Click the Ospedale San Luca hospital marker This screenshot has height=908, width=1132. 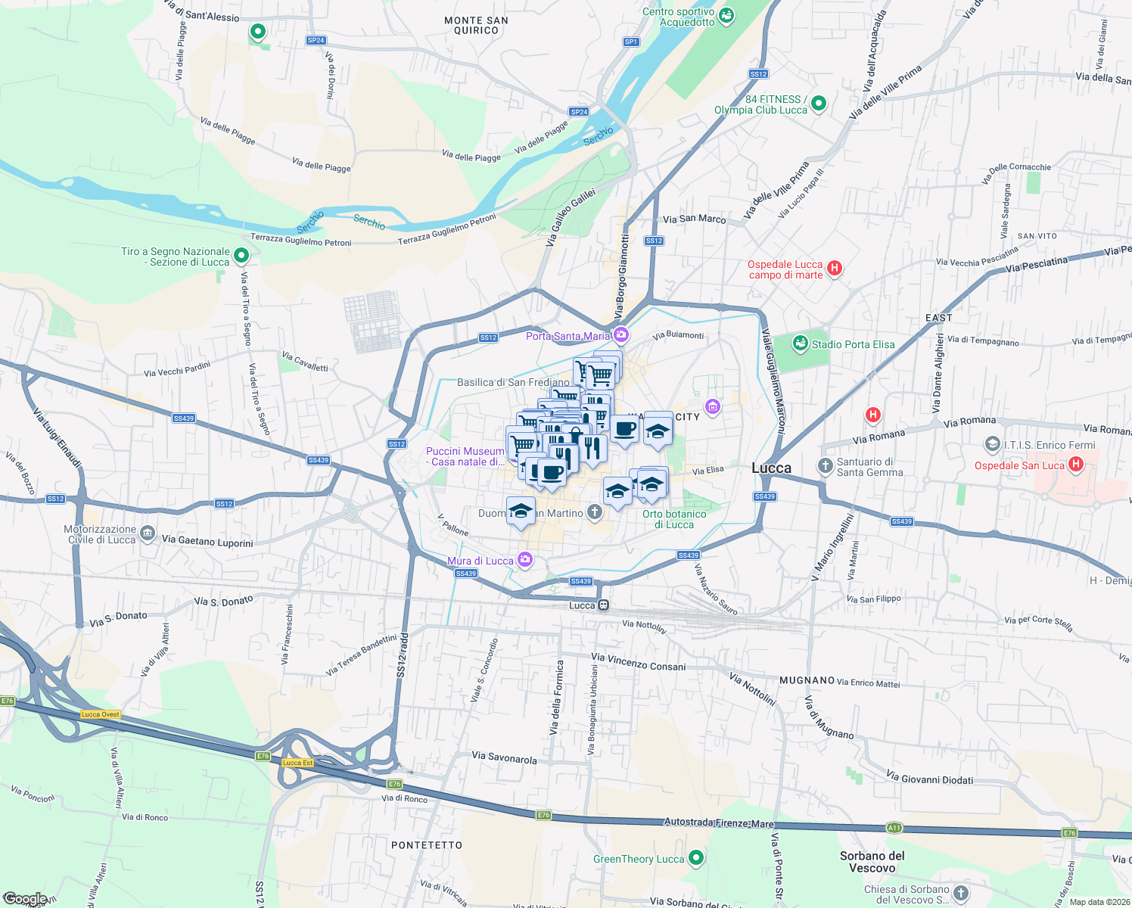[1076, 464]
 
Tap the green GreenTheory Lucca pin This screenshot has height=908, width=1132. [696, 857]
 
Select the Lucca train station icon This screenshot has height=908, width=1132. [603, 605]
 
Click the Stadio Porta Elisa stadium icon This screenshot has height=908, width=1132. [800, 344]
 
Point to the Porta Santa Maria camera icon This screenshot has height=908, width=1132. [621, 334]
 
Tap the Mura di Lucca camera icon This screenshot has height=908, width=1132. [525, 560]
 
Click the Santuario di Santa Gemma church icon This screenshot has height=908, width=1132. [826, 465]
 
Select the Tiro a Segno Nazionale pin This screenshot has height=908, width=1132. [241, 256]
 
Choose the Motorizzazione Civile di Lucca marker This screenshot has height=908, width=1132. [148, 535]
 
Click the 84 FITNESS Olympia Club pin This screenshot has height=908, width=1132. [818, 103]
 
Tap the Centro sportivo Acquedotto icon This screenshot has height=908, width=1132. [726, 15]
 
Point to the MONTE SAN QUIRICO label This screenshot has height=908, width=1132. [476, 26]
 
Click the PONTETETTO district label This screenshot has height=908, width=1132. [427, 845]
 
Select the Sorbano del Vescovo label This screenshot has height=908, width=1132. [872, 862]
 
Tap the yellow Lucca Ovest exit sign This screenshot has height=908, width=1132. [101, 714]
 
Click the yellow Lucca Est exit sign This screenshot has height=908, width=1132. [297, 763]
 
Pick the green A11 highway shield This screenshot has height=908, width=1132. [894, 828]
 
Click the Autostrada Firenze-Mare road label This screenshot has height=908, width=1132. [719, 823]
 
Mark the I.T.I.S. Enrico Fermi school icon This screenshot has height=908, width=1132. [992, 443]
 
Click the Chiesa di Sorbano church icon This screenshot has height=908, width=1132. [960, 893]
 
